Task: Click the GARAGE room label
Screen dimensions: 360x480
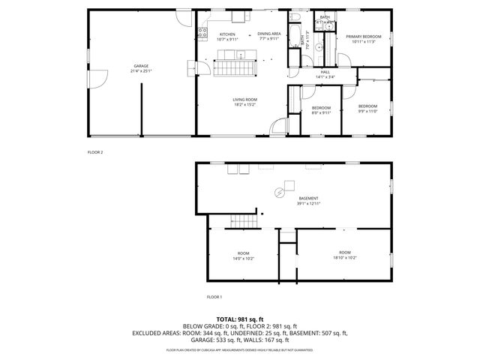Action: click(x=140, y=66)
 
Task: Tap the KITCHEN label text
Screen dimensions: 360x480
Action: click(x=227, y=34)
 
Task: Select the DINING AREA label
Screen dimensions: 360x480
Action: click(x=268, y=34)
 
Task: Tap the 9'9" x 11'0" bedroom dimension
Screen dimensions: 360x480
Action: click(x=367, y=111)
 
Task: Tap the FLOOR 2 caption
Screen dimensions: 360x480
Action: click(x=94, y=151)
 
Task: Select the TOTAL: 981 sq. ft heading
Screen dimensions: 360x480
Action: click(x=239, y=319)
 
